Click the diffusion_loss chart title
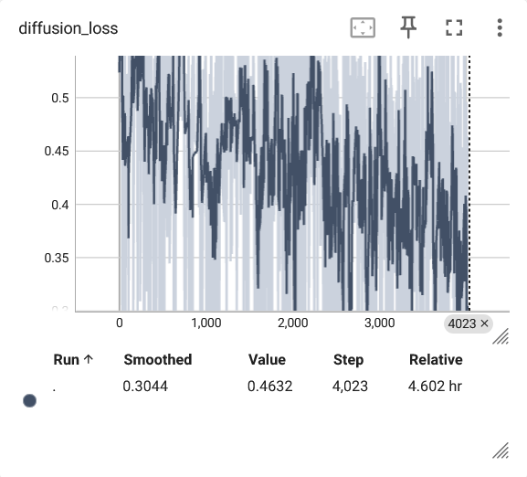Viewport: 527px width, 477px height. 69,28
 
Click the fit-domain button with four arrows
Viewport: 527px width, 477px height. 363,27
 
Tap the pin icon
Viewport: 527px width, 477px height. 408,27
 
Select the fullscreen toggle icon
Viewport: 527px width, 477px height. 454,27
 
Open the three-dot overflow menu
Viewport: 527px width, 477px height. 500,27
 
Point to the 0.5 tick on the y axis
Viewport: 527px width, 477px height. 60,98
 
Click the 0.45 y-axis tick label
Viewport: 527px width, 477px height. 57,152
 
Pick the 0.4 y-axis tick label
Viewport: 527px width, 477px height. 60,205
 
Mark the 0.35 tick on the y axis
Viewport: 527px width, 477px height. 57,259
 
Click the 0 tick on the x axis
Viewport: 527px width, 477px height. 120,323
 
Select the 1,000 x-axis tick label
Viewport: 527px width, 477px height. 206,323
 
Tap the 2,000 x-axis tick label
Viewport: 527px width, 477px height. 293,323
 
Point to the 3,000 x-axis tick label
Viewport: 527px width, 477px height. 379,323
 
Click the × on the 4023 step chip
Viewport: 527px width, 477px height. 484,323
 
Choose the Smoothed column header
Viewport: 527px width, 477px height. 158,360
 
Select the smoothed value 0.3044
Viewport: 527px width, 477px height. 145,387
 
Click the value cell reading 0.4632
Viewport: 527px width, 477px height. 269,387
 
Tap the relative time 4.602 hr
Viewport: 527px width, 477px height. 435,387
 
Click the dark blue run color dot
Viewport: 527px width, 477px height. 29,400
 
